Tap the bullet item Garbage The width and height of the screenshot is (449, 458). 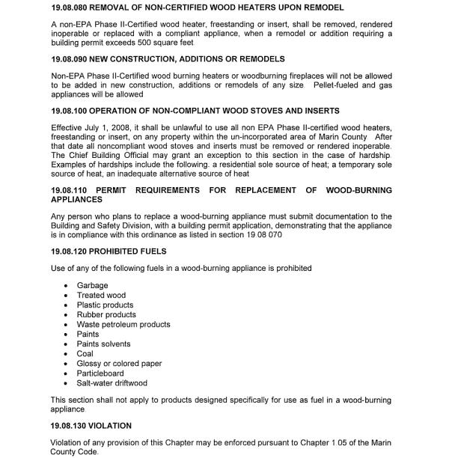(92, 285)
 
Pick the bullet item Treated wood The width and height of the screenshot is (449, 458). (101, 295)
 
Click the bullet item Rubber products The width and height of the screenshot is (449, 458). (106, 314)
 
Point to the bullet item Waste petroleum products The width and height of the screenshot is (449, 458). (123, 324)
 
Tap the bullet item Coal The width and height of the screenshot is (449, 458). (85, 354)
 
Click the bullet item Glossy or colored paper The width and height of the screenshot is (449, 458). (119, 364)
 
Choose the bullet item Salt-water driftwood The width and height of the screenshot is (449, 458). (112, 383)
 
